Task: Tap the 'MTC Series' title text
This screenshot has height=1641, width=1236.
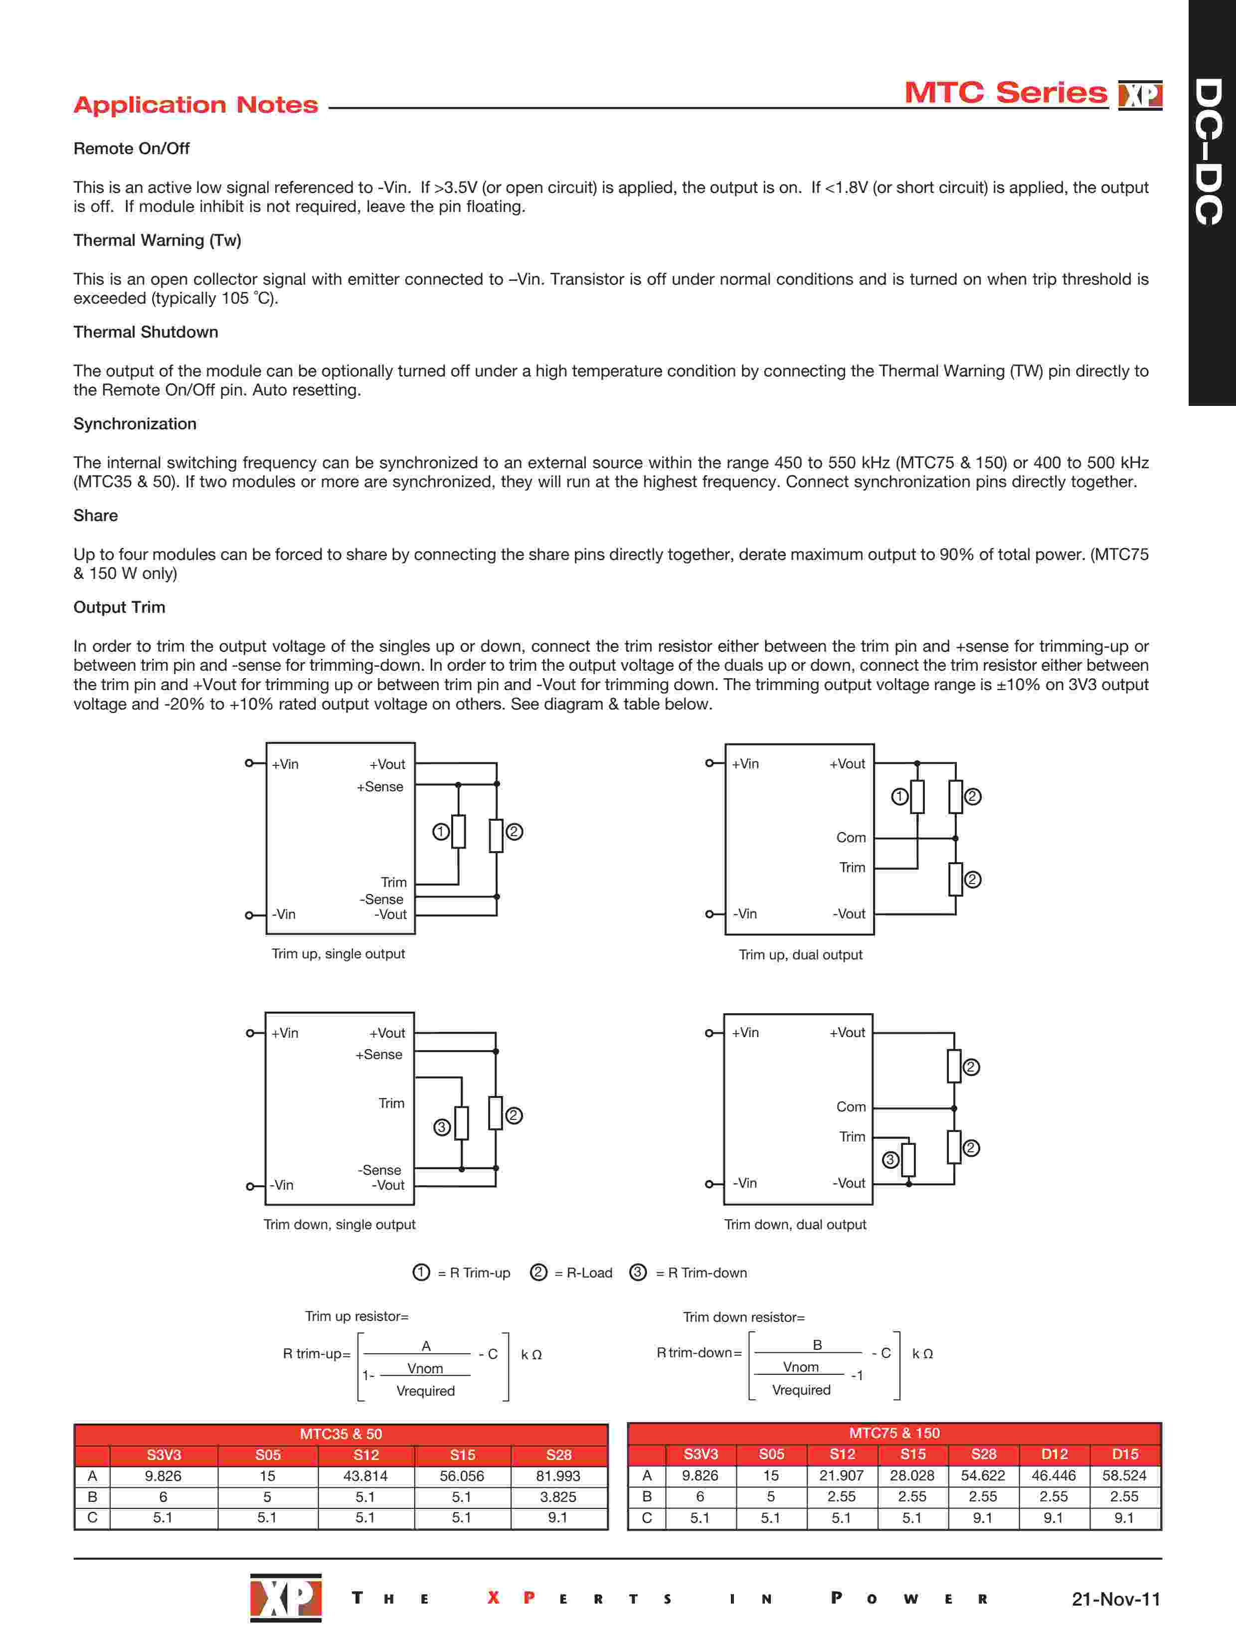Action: coord(1005,93)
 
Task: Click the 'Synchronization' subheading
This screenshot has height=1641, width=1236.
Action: coord(134,424)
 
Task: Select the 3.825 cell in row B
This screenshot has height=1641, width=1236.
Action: coord(558,1496)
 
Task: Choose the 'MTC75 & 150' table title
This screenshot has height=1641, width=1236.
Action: coord(894,1433)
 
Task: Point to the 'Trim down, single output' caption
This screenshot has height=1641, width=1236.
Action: coord(339,1224)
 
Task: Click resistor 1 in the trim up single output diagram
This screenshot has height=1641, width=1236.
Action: coord(459,832)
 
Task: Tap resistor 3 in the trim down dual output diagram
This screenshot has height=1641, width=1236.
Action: coord(908,1160)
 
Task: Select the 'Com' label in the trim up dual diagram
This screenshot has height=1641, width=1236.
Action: coord(851,838)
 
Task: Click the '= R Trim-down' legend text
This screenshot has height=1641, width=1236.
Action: coord(701,1273)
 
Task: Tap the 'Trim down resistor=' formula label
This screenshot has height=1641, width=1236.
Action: coord(743,1317)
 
